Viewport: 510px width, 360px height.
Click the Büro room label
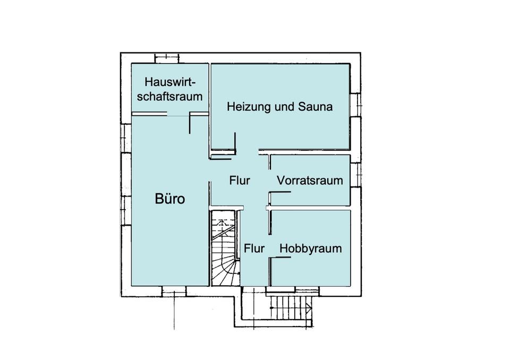point(169,199)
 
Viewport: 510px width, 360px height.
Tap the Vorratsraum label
point(310,181)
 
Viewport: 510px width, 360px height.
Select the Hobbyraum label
point(310,248)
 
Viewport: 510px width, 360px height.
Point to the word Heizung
point(246,107)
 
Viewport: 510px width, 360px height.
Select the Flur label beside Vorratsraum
point(240,181)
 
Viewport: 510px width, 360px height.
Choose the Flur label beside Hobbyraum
point(254,248)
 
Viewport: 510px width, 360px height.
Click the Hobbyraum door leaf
point(280,258)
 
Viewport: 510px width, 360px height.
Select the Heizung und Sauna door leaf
point(234,143)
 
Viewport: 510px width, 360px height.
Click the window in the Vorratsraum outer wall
point(355,172)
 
